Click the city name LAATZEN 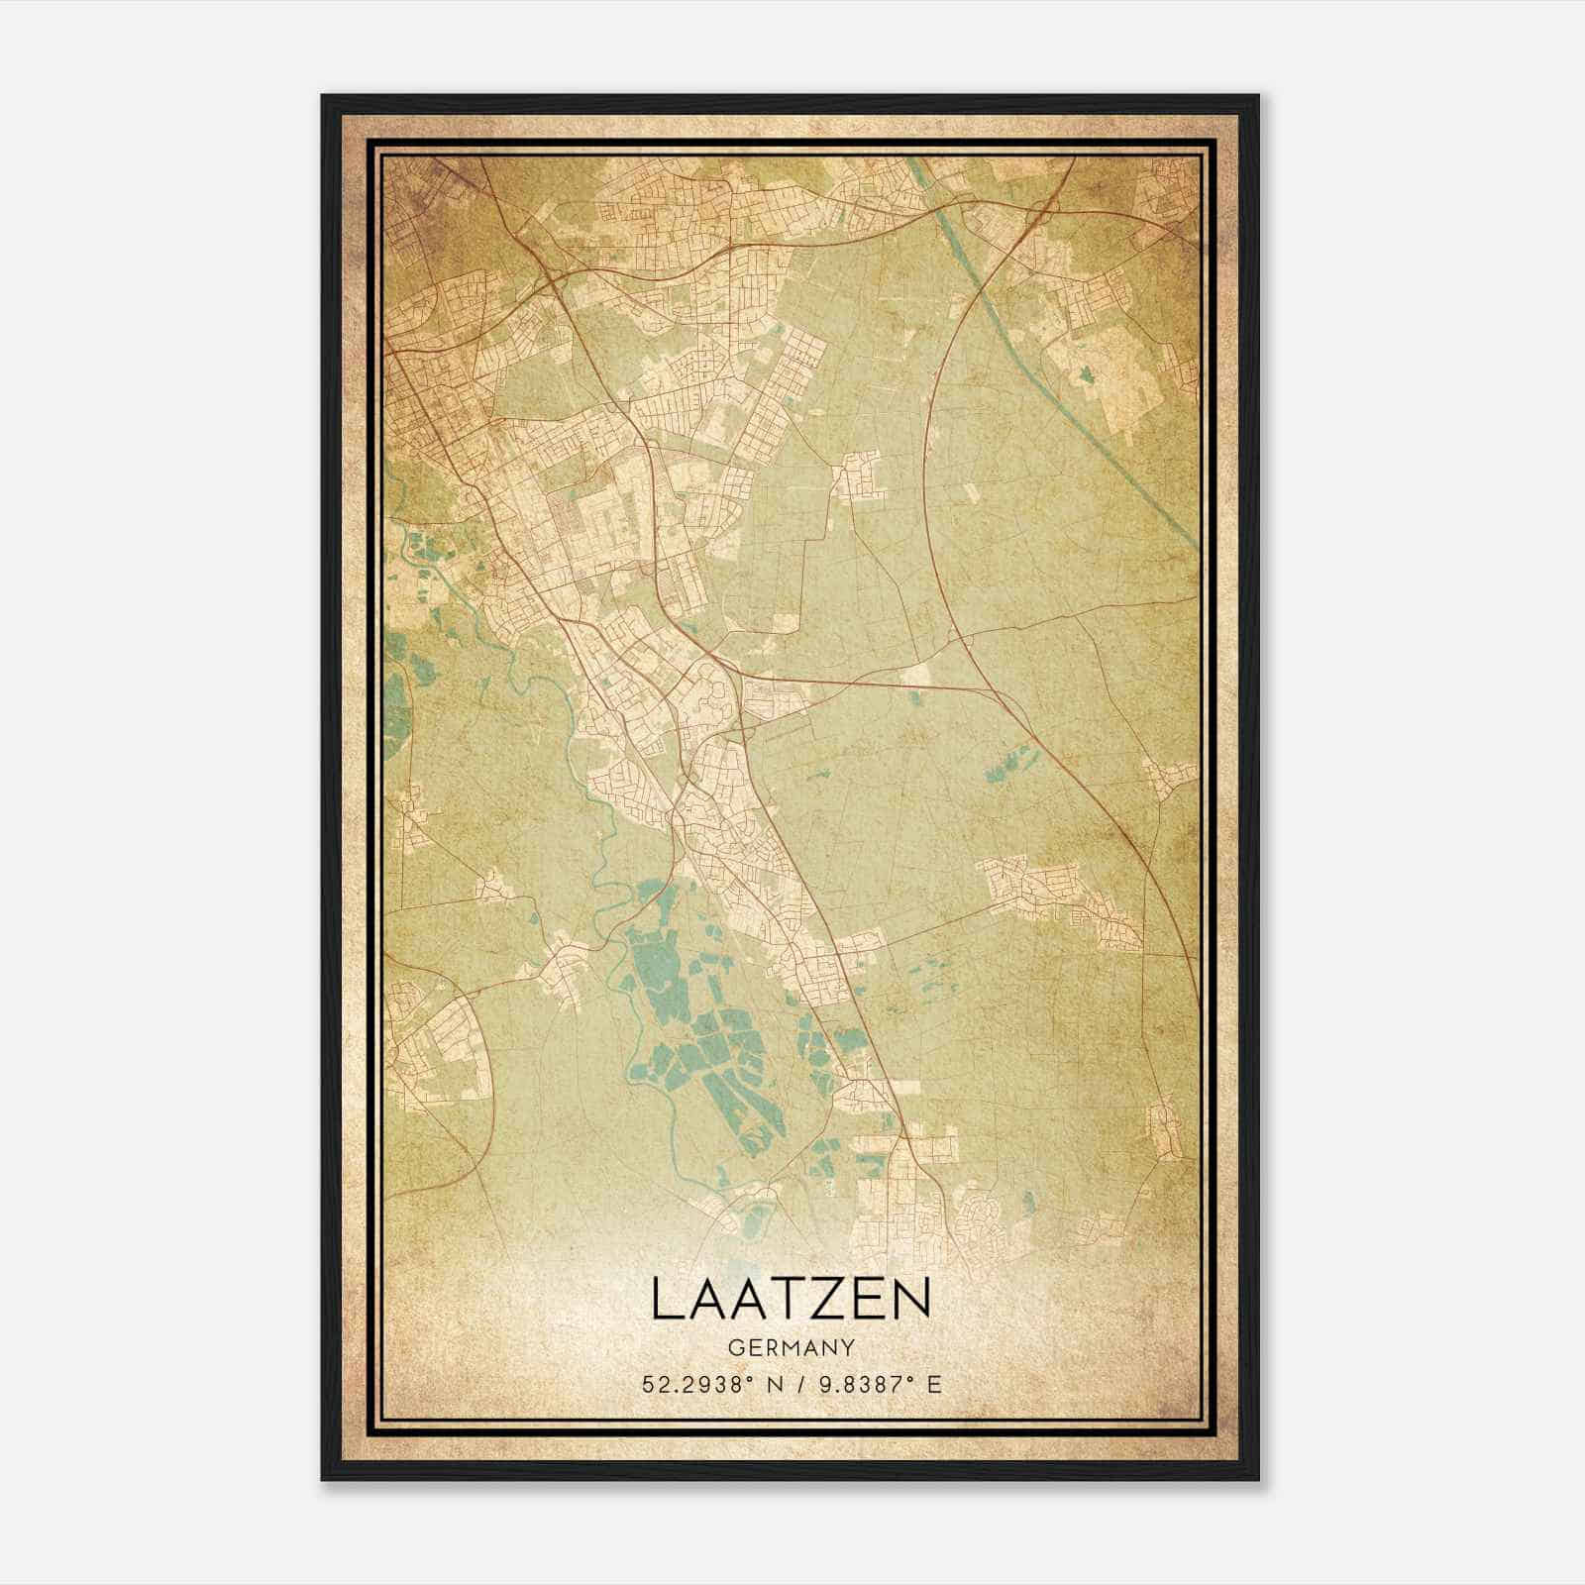791,1301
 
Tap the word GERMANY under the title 791,1347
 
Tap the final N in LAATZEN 913,1301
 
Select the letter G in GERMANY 734,1347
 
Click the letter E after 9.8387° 933,1384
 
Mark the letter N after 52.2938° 773,1384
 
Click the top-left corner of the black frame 324,97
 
